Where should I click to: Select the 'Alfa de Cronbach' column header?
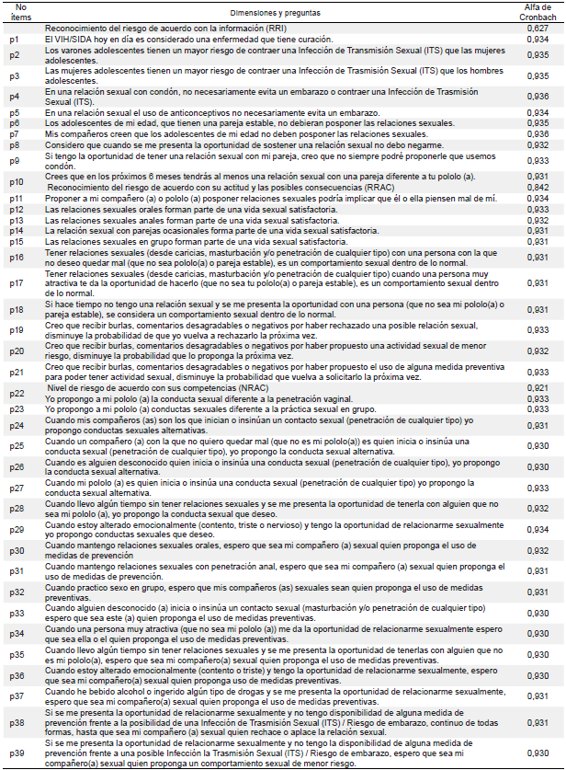(538, 12)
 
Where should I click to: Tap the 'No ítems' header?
(14, 12)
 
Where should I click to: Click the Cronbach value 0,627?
(538, 29)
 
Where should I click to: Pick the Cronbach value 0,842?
(538, 186)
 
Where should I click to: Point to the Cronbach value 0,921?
(538, 388)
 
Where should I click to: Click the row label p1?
(14, 40)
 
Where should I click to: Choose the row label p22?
(16, 398)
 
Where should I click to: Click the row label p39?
(16, 753)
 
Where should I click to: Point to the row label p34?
(16, 635)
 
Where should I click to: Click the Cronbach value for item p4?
(538, 97)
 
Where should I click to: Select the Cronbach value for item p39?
(538, 753)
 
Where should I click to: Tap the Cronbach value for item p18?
(538, 308)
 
